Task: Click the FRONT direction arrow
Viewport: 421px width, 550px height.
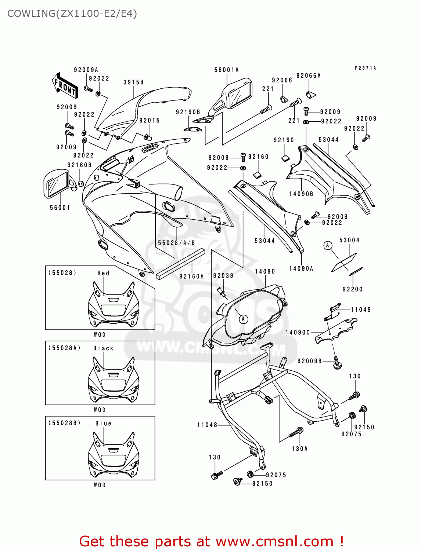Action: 65,86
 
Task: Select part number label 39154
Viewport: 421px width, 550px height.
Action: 133,82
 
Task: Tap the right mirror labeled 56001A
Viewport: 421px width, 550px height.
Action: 235,95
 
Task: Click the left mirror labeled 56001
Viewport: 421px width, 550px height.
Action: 57,183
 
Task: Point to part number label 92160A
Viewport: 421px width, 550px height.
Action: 191,276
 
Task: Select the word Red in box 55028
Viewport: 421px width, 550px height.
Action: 103,273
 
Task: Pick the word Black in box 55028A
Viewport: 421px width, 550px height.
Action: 103,348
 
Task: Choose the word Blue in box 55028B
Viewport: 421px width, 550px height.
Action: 103,423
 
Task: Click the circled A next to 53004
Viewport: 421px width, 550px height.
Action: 328,245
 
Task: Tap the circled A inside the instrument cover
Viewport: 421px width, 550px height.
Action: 243,319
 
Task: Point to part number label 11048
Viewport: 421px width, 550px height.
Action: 207,425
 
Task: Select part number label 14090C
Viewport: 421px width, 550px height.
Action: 298,333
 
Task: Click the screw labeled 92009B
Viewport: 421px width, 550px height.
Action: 337,363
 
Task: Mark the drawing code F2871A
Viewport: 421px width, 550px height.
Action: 365,68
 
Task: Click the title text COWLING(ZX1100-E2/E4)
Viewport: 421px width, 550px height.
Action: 72,14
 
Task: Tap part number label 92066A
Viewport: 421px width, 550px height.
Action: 309,76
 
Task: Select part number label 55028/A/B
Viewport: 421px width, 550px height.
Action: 176,243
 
